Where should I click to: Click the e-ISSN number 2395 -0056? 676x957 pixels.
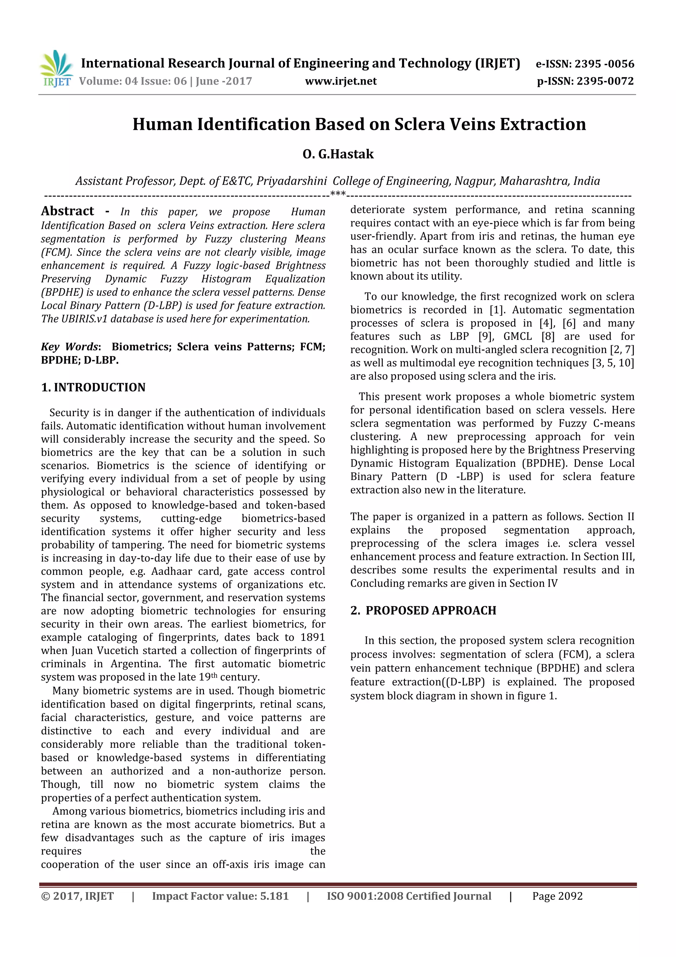[604, 64]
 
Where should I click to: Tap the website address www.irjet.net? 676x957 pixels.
[341, 81]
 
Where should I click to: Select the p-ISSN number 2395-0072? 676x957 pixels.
[605, 81]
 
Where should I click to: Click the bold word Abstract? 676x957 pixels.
[67, 211]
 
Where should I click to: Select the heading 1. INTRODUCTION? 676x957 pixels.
[93, 387]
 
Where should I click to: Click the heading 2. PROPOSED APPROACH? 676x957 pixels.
[423, 610]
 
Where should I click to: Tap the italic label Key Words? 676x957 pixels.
[70, 347]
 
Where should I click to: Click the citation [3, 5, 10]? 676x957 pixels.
[613, 363]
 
